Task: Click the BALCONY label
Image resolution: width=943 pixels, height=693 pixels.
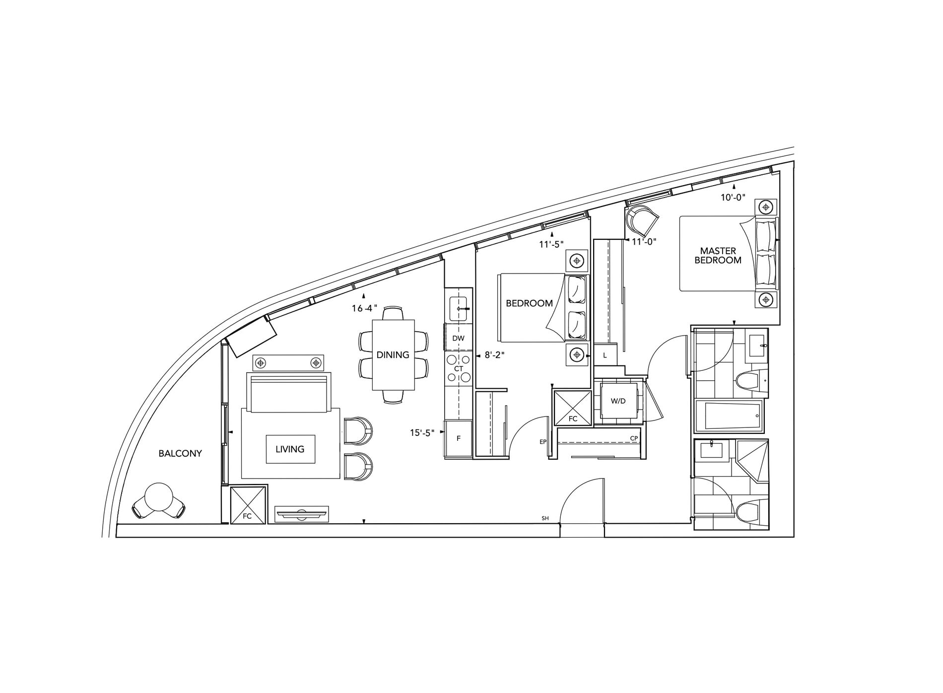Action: coord(180,454)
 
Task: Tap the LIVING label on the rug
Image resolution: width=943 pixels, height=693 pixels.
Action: coord(290,449)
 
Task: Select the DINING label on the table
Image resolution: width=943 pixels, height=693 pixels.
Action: coord(393,355)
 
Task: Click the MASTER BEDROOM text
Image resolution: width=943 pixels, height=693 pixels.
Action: coord(718,256)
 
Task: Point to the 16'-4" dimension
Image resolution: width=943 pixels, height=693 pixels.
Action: coord(365,309)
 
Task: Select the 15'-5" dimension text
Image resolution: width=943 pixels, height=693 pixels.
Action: coord(422,433)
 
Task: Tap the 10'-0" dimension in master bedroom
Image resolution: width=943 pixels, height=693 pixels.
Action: coord(734,198)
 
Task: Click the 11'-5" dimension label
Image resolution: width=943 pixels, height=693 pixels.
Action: coord(551,244)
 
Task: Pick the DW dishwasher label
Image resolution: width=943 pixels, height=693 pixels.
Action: coord(459,339)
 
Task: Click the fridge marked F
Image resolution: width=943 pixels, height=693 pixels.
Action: coord(459,439)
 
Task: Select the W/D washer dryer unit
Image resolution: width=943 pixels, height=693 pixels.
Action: coord(618,402)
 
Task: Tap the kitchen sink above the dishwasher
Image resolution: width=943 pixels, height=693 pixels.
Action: coord(458,308)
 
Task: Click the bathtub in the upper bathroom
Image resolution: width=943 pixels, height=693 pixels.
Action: coord(729,416)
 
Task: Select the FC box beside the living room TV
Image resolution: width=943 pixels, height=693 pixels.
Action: coord(248,505)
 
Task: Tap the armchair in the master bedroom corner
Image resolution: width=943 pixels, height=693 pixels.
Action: coord(642,221)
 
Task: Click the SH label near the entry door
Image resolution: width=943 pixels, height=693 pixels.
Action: coord(545,518)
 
